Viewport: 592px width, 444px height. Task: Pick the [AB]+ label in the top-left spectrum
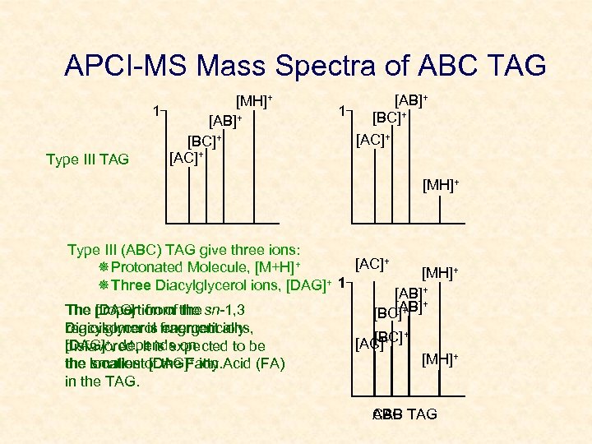(225, 121)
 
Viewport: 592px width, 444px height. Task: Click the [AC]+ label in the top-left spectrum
(186, 156)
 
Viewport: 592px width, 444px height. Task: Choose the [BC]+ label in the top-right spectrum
(391, 118)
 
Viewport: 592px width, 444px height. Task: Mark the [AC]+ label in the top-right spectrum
(373, 139)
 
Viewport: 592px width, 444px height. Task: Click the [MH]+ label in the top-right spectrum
(442, 187)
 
